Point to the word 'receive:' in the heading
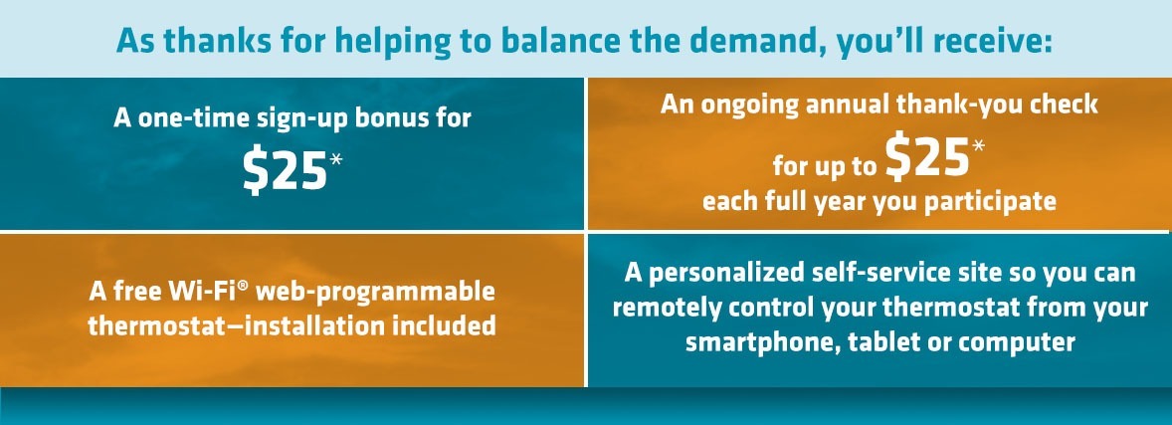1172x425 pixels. [993, 42]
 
